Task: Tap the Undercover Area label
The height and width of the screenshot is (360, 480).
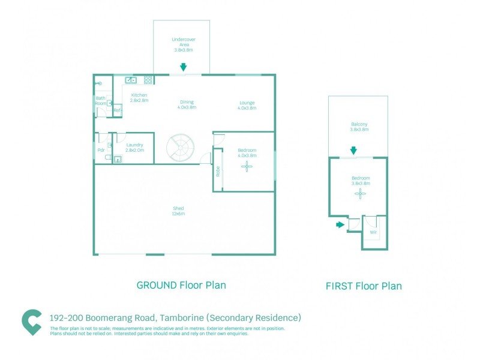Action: click(x=184, y=44)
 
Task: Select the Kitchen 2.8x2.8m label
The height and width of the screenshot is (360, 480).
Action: click(x=139, y=98)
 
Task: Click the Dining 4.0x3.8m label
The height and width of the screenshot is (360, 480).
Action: click(x=187, y=104)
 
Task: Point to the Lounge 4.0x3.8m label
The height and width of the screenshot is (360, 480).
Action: click(x=247, y=106)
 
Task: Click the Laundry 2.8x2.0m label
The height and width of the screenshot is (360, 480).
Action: click(x=135, y=148)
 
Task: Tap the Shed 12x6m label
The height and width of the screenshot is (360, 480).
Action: click(x=179, y=211)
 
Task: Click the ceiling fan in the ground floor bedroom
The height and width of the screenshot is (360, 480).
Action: click(x=247, y=168)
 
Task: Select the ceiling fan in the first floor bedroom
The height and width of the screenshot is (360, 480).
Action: click(x=360, y=193)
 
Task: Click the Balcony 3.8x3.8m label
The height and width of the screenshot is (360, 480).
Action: click(x=359, y=127)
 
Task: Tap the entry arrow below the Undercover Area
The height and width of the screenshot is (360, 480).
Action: click(x=183, y=67)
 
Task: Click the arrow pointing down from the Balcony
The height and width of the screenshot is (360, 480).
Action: click(x=353, y=150)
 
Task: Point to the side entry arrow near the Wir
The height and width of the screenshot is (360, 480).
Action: click(x=340, y=225)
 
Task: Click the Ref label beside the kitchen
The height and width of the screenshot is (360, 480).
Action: click(x=118, y=110)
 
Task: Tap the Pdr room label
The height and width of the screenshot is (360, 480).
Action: click(x=101, y=150)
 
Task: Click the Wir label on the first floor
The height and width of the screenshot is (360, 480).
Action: click(x=373, y=232)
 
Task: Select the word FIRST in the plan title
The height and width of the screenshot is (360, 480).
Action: click(x=340, y=286)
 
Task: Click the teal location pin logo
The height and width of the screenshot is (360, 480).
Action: click(x=31, y=322)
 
